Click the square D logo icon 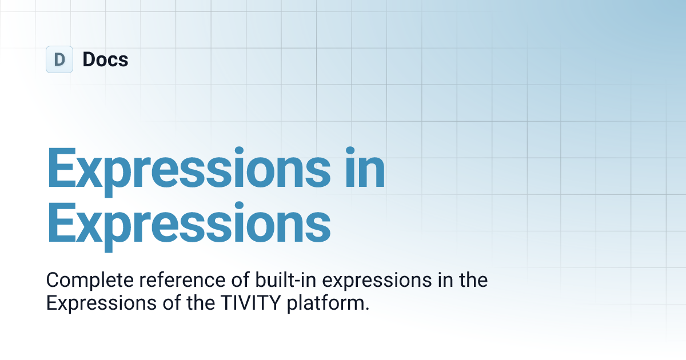pos(59,59)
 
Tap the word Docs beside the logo pos(105,59)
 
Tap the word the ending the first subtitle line pos(474,281)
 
